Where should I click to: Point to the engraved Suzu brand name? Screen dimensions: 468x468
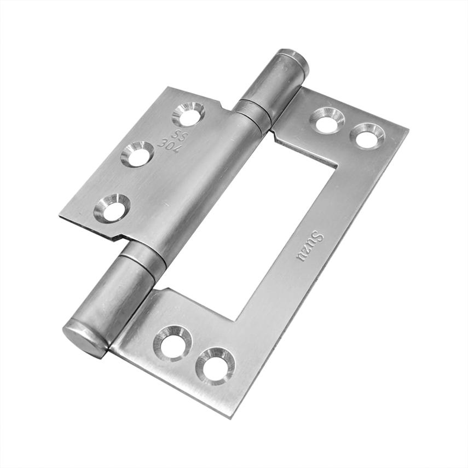point(310,247)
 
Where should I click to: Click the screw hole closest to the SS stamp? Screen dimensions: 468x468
point(188,114)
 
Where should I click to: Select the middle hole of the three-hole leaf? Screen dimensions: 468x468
point(137,154)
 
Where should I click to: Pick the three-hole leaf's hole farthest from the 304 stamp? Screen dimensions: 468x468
point(112,209)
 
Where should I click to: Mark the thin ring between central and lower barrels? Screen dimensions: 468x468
point(143,257)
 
